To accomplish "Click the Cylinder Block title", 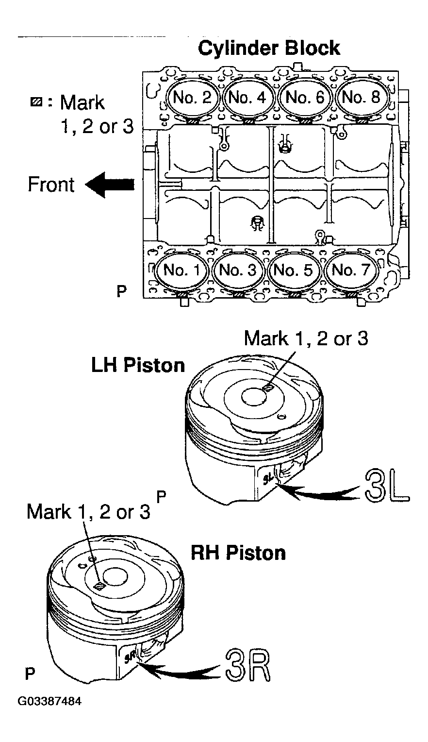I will coord(269,49).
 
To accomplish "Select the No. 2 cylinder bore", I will coord(192,98).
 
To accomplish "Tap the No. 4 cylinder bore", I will coord(248,98).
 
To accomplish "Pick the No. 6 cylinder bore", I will coord(304,98).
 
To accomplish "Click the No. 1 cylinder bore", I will coord(181,270).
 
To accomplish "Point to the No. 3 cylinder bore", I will coord(238,270).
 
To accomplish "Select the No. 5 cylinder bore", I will coord(294,270).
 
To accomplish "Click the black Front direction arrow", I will coord(110,185).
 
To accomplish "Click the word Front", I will coord(51,185).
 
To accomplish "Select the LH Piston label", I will coord(138,365).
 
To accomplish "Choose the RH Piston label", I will coord(238,553).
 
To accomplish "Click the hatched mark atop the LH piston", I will coord(267,388).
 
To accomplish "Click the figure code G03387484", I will coord(49,702).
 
